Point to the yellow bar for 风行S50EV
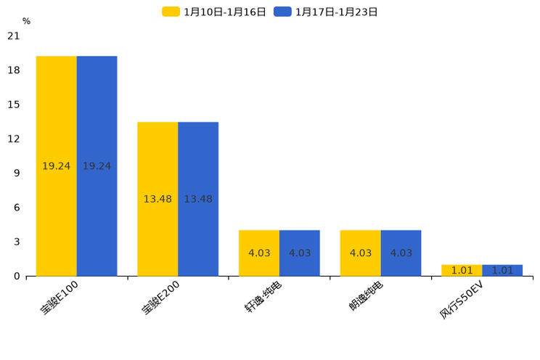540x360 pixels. (x=462, y=270)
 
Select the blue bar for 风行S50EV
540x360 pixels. (x=502, y=270)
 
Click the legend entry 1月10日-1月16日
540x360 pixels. (x=215, y=12)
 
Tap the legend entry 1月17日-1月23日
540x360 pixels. (x=327, y=12)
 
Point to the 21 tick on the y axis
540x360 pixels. (x=14, y=36)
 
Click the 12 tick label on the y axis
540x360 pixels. (x=14, y=139)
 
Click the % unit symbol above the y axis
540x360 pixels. (x=26, y=21)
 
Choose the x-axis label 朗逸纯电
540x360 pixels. (x=366, y=295)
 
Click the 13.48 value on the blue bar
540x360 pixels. (x=198, y=199)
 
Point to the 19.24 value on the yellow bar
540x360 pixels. (x=56, y=166)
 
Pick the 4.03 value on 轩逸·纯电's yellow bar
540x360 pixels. (x=259, y=253)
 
